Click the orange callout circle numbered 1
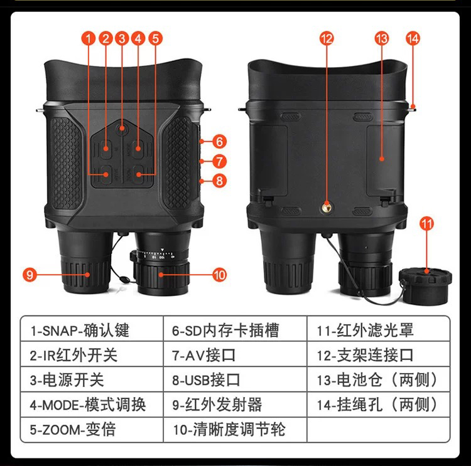(x=89, y=38)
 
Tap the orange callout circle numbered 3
(x=122, y=38)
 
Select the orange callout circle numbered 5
(x=156, y=38)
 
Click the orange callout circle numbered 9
(x=30, y=274)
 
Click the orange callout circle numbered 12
(x=326, y=38)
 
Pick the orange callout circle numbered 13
(x=381, y=38)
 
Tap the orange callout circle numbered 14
(x=413, y=38)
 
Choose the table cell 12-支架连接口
(x=379, y=354)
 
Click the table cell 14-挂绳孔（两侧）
(x=379, y=405)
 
